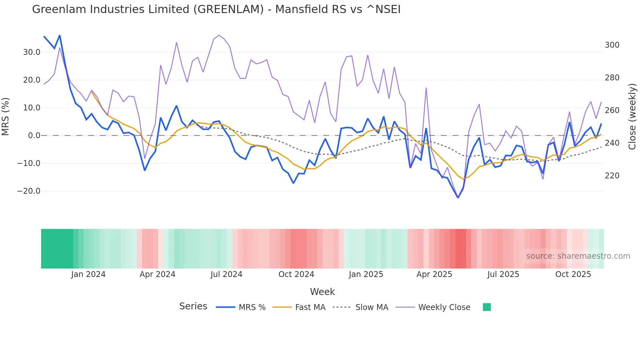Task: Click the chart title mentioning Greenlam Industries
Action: click(216, 9)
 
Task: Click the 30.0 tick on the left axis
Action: click(32, 52)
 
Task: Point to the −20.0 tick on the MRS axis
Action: click(29, 191)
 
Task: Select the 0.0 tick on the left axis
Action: click(34, 136)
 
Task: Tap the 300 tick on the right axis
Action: click(612, 45)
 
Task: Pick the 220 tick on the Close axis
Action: click(612, 176)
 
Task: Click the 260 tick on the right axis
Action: click(612, 110)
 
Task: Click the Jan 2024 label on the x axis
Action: click(88, 274)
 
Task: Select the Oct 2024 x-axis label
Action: click(296, 274)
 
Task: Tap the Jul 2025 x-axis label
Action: click(503, 274)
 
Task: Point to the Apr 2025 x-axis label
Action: click(434, 274)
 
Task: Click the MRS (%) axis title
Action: click(6, 117)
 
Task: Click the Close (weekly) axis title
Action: click(632, 117)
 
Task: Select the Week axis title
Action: click(322, 292)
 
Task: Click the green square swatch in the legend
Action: click(487, 307)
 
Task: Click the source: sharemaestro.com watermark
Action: click(578, 256)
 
